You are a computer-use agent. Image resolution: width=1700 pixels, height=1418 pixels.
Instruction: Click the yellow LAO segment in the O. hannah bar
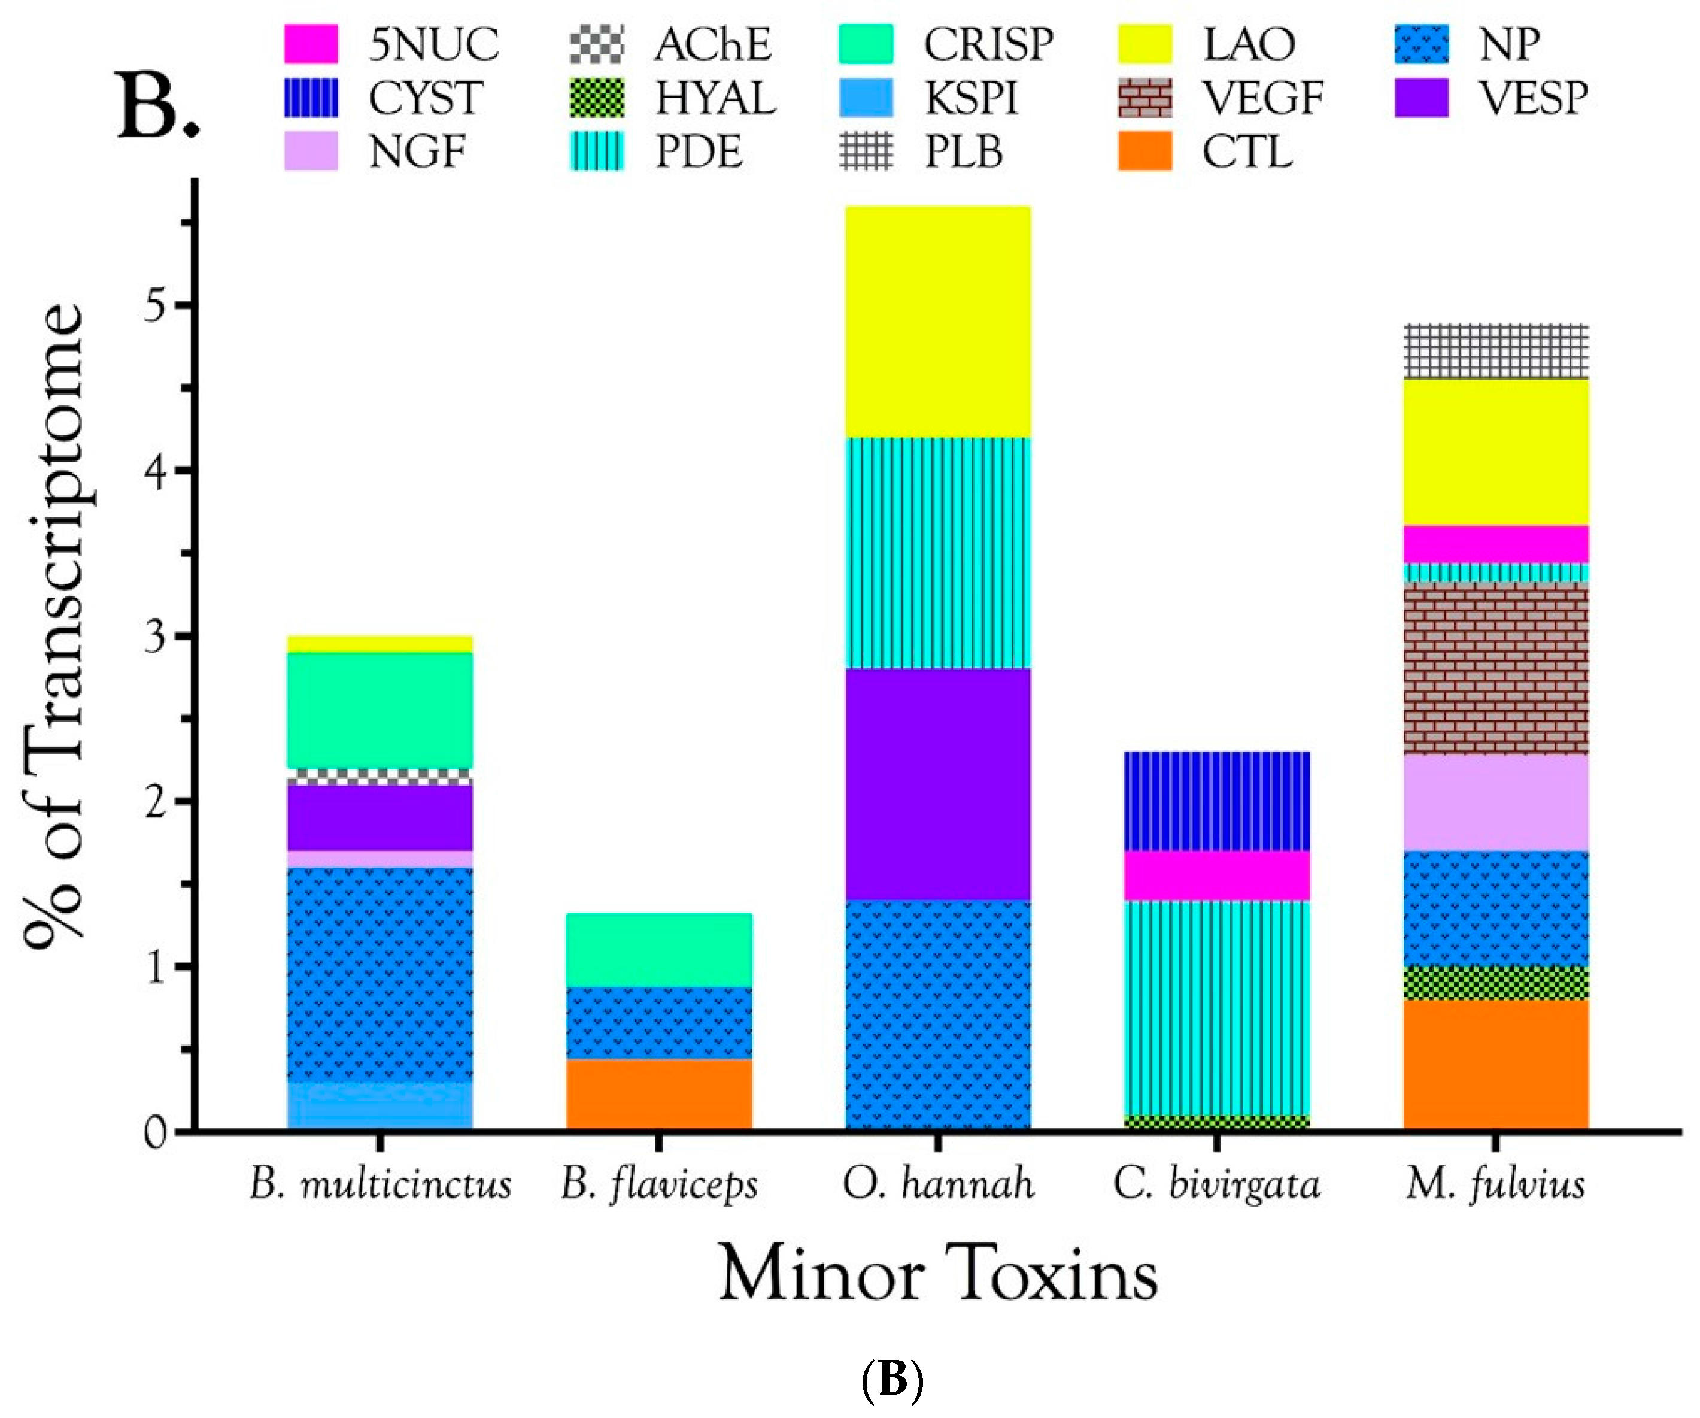point(937,322)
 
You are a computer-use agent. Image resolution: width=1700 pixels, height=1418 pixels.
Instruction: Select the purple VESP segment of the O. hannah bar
point(937,783)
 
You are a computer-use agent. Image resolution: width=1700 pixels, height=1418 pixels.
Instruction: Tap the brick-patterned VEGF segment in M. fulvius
point(1495,668)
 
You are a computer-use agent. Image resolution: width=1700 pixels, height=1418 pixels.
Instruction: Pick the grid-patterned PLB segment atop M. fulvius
point(1495,351)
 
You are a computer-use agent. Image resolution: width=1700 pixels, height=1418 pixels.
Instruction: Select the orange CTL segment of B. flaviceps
point(659,1093)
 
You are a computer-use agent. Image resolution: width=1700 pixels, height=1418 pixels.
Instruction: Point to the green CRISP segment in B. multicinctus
point(380,710)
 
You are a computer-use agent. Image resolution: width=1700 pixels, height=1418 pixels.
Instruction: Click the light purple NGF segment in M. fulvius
point(1495,802)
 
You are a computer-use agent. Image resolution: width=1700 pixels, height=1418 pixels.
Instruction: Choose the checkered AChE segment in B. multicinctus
point(380,777)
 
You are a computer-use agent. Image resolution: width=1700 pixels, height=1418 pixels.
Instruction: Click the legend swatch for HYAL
point(597,98)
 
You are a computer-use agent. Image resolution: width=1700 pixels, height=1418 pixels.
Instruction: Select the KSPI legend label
point(971,98)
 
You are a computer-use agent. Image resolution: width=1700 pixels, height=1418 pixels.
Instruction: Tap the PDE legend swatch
point(597,152)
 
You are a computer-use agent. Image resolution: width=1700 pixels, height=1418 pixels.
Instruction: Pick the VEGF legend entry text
point(1261,98)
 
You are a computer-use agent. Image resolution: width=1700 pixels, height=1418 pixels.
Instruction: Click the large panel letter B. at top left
point(159,105)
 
